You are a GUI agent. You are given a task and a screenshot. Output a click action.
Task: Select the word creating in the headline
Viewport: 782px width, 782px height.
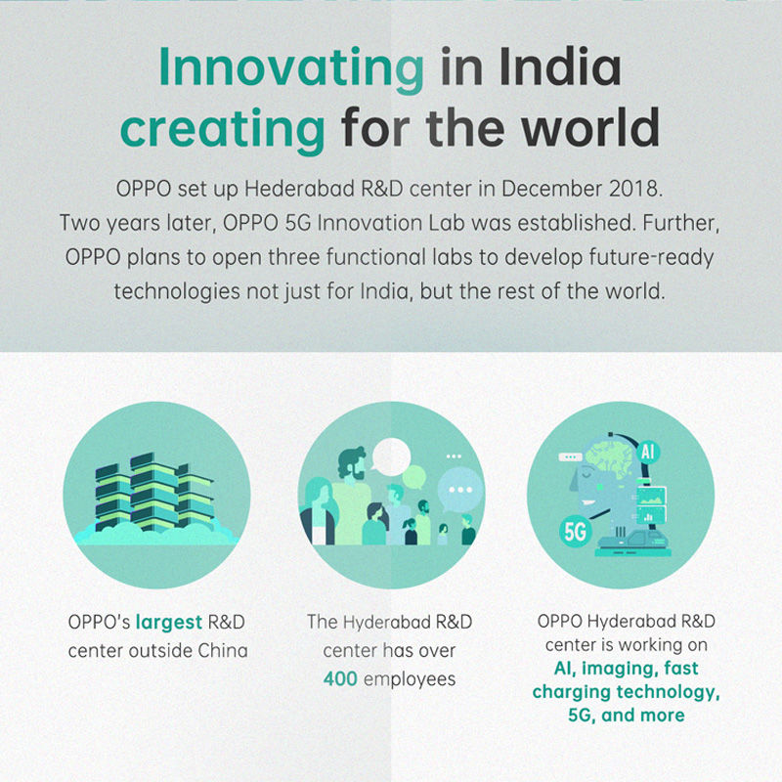point(223,128)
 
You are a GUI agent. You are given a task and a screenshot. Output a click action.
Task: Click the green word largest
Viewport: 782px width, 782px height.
point(169,621)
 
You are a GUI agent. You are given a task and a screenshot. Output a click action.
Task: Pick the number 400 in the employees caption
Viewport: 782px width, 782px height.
point(340,678)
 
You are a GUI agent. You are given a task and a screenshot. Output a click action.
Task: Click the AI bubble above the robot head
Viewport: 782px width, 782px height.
point(646,453)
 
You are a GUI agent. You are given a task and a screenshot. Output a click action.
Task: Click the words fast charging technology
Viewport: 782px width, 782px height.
point(626,681)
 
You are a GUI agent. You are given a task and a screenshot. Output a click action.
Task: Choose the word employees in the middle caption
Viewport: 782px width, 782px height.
point(410,678)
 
